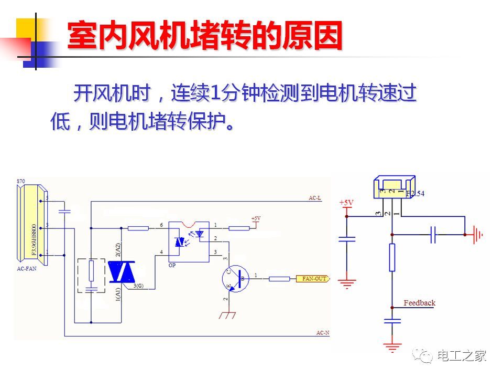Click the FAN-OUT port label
314,278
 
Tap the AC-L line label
314,198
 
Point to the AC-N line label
322,333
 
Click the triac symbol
122,271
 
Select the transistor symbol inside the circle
235,278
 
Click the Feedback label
419,303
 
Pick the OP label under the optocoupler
172,266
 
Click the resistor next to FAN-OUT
279,278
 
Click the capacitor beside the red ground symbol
433,235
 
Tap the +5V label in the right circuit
346,203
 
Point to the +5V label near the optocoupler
256,218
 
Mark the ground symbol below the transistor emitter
227,314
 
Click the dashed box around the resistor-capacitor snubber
91,275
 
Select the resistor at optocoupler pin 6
138,228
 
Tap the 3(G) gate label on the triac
138,286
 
